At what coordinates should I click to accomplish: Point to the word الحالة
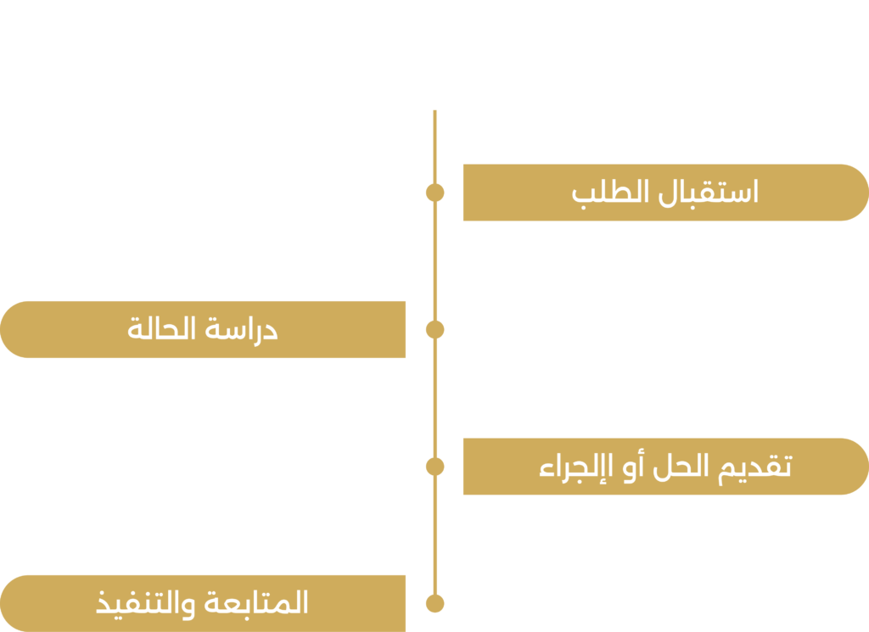click(x=161, y=328)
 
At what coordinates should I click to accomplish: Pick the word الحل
click(x=681, y=467)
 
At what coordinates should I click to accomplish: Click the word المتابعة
click(x=256, y=602)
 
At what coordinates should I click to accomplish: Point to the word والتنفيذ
click(x=146, y=605)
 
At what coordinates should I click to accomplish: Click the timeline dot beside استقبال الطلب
click(x=435, y=193)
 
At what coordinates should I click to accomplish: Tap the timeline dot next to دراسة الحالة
click(x=435, y=329)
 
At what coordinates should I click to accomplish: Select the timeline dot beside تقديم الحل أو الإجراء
click(x=435, y=467)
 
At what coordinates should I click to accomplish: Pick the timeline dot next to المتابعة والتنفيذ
click(x=435, y=603)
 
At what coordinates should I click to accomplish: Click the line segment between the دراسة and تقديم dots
click(x=435, y=398)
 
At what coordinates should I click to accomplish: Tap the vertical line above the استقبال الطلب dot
click(x=435, y=147)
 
